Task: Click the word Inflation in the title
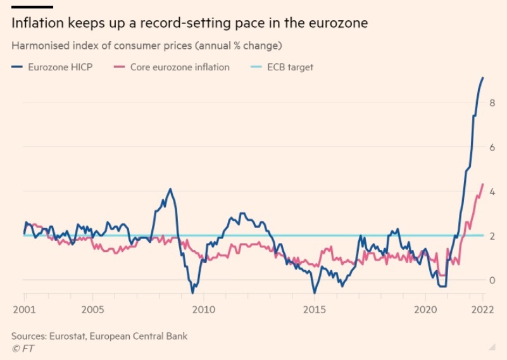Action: coord(37,23)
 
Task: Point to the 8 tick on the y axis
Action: coord(492,102)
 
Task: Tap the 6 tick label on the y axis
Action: coord(492,147)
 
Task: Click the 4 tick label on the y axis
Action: coord(492,191)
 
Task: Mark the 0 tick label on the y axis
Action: coord(492,280)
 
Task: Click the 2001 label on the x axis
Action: coord(24,310)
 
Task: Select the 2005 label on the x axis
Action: coord(92,310)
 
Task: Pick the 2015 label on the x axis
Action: coord(315,310)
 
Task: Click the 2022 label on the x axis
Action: coord(482,310)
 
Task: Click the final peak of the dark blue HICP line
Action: coord(483,78)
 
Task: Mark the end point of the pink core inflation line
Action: coord(483,184)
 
